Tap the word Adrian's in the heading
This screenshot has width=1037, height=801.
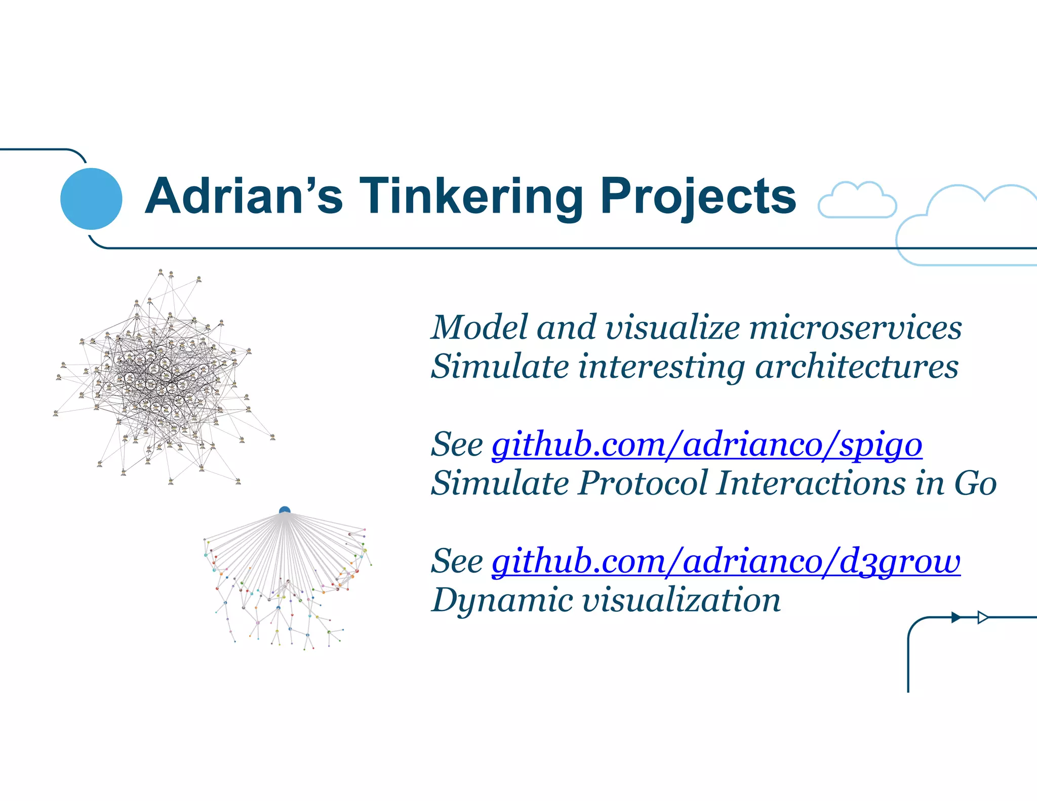243,196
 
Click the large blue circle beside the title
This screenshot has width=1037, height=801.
91,198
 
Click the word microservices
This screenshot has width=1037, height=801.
855,328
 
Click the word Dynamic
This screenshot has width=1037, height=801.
501,600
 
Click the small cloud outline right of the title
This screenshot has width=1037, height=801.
857,201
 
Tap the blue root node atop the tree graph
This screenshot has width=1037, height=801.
285,510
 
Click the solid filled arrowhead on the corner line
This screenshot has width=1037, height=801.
955,617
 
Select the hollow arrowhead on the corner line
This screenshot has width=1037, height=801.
982,617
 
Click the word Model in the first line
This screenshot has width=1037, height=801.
478,328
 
